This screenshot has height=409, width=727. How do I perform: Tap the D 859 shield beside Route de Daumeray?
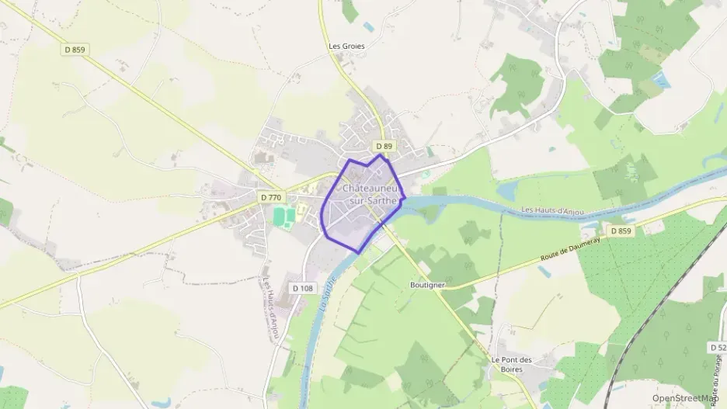619,231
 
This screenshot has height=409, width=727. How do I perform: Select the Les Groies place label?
346,46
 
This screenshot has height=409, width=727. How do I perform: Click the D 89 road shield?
384,146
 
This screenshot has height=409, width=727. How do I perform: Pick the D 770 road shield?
270,198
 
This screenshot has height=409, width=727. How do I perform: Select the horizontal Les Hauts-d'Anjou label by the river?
555,210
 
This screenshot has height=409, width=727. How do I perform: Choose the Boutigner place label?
426,285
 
